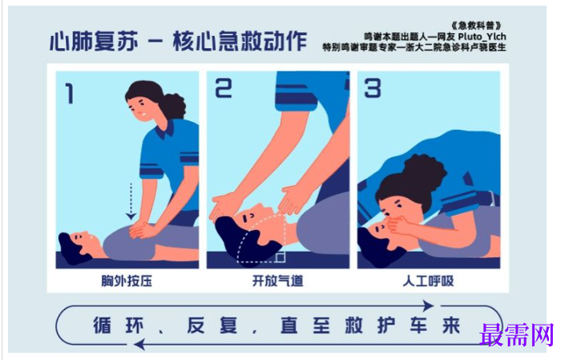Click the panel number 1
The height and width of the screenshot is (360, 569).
point(69,93)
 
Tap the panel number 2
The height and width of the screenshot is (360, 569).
point(223,88)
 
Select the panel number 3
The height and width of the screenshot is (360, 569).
point(373,88)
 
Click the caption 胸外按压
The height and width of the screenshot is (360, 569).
point(127,281)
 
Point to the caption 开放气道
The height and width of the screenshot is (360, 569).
point(277,281)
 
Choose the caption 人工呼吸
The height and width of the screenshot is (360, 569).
point(428,281)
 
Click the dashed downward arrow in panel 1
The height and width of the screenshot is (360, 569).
point(131,201)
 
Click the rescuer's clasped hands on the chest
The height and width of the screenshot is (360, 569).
point(143,229)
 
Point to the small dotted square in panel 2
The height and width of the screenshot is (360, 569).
point(280,257)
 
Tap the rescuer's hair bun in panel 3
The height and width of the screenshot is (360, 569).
point(426,172)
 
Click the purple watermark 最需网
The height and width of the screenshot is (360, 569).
point(517,334)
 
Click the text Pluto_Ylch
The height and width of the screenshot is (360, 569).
point(482,36)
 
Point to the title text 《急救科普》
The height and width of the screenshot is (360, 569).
point(476,26)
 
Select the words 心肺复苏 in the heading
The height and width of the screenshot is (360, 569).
point(94,41)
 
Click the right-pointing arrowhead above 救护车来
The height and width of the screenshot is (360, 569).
point(428,305)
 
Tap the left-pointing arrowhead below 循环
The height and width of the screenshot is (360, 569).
point(139,344)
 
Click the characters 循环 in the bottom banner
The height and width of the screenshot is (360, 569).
point(119,326)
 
